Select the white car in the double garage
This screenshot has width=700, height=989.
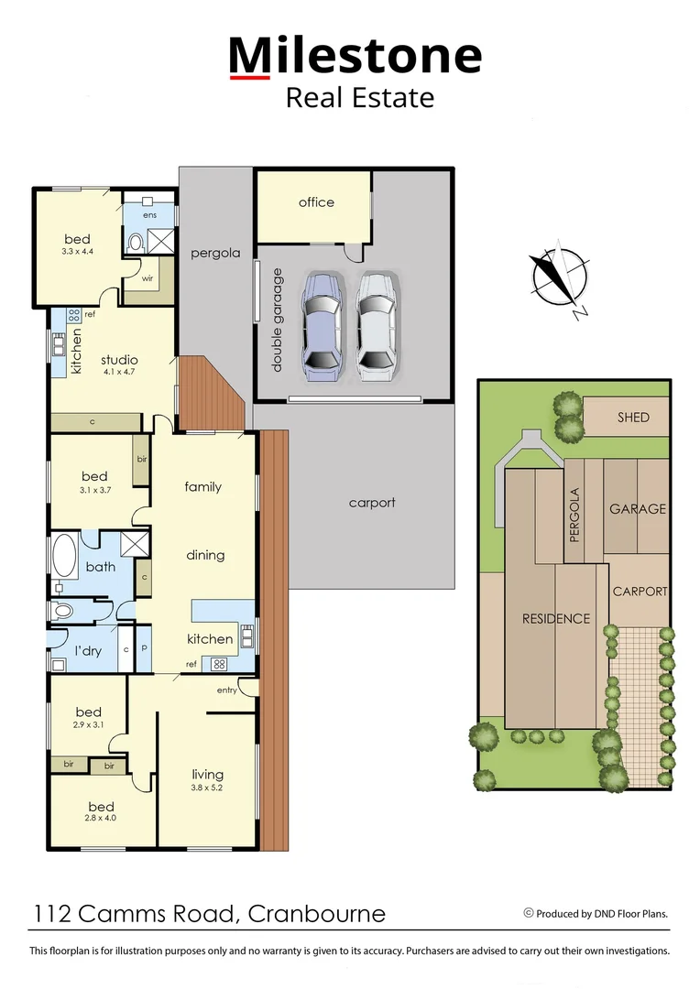[378, 326]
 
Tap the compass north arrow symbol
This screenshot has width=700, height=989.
[557, 277]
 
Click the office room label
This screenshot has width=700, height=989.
[316, 202]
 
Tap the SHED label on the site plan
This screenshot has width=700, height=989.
[632, 418]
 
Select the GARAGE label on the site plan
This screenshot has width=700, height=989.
[638, 509]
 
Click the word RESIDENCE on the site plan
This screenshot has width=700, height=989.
[555, 619]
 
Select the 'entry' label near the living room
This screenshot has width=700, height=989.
[227, 690]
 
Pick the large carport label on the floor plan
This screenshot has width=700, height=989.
[372, 503]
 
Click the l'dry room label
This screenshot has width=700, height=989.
[87, 651]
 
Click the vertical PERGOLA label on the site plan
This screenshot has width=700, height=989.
[575, 516]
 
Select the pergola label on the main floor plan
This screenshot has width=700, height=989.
[215, 253]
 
